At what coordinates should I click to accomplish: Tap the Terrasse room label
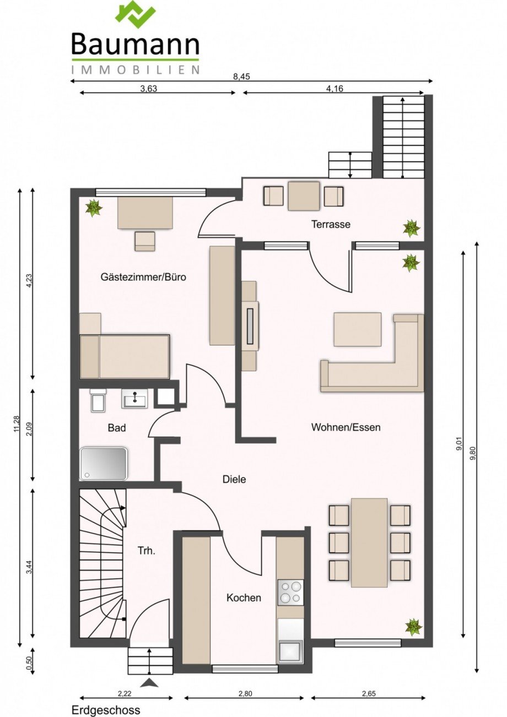[331, 224]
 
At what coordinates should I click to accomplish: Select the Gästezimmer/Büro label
[143, 276]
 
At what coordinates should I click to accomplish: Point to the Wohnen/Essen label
[346, 427]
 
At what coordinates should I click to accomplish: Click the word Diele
[234, 479]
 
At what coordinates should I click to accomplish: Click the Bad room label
[117, 428]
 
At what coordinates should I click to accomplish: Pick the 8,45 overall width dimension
[241, 77]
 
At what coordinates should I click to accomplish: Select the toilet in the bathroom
[96, 401]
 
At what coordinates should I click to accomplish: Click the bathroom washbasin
[135, 399]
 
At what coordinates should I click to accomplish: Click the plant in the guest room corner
[94, 208]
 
